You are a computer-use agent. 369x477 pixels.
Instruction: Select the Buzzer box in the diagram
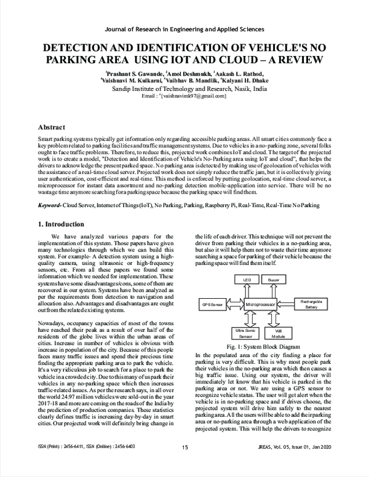coord(274,280)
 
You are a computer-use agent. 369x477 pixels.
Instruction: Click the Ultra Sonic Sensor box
coord(245,333)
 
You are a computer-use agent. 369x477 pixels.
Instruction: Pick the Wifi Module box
coord(279,333)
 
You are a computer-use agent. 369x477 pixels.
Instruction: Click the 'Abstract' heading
coord(52,127)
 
